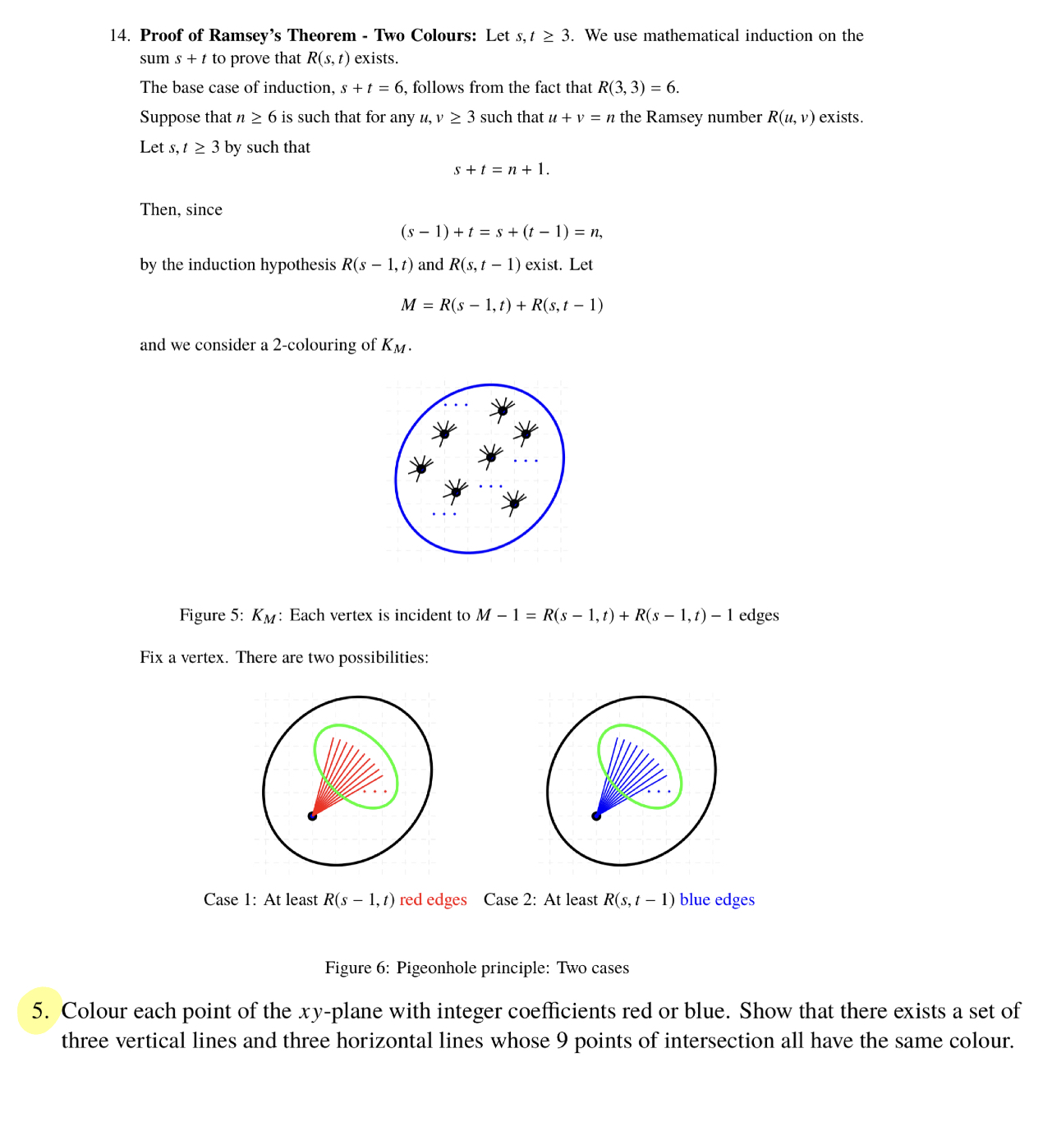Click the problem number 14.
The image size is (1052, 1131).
click(x=119, y=35)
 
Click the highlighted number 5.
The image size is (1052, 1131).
click(x=40, y=1010)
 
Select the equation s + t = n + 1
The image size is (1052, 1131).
click(x=501, y=169)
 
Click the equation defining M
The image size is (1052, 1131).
click(x=501, y=305)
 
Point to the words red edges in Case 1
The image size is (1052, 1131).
click(x=433, y=899)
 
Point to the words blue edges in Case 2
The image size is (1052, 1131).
click(x=716, y=899)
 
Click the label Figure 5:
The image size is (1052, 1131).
click(x=211, y=615)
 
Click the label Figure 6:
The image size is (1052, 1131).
click(x=357, y=968)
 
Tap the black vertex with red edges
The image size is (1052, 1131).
click(x=312, y=816)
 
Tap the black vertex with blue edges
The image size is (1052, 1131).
click(x=596, y=816)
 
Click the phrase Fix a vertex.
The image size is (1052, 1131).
click(x=184, y=657)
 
